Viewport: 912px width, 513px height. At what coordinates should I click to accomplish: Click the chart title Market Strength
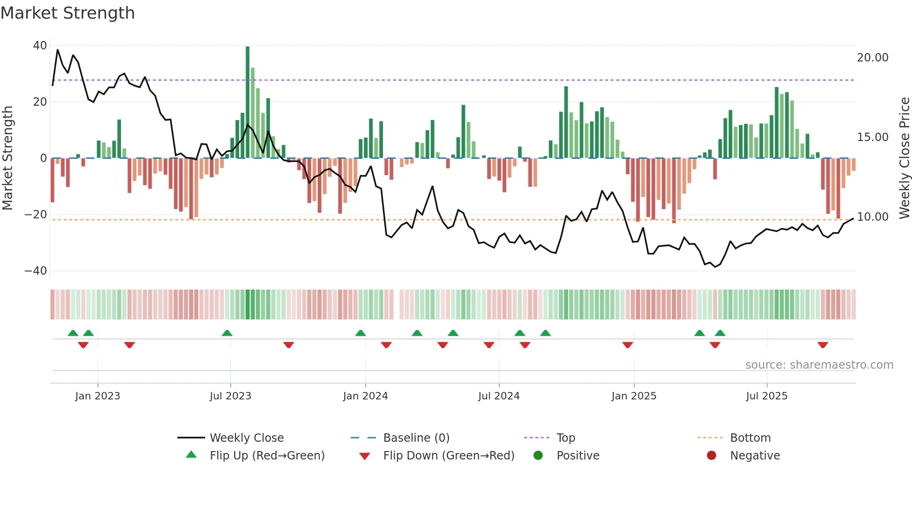tap(67, 13)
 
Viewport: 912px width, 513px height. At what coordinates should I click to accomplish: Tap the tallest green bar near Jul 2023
tap(248, 102)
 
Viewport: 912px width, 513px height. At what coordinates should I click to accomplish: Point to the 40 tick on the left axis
tap(40, 46)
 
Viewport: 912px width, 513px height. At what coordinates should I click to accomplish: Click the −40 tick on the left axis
tap(36, 271)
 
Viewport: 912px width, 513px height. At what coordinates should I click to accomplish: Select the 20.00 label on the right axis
tap(872, 58)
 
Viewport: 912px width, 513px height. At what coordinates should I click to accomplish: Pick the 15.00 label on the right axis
tap(872, 137)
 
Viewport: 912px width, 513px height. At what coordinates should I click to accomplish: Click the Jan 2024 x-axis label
tap(365, 396)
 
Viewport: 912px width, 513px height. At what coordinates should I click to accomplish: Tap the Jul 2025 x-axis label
tap(766, 396)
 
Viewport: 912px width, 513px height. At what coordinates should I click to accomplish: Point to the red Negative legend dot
tap(711, 456)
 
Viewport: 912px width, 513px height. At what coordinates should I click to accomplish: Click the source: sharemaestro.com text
tap(819, 365)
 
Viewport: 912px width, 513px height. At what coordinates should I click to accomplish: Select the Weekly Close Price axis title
tap(904, 158)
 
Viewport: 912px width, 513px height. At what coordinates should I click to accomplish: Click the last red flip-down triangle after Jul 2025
tap(823, 345)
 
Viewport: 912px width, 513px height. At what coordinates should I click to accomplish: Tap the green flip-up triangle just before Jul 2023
tap(227, 333)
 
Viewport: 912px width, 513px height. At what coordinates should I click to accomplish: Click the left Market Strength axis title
tap(8, 158)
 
